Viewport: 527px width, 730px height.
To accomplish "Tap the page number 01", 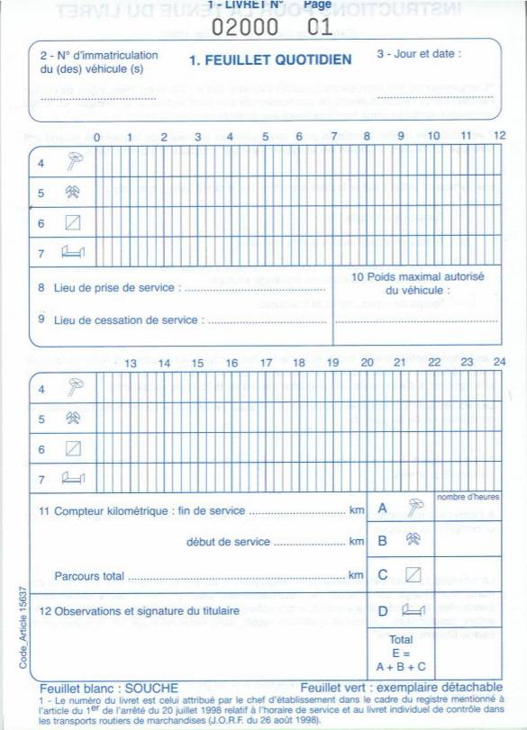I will (x=319, y=26).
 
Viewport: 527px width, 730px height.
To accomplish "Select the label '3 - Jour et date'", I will (x=418, y=54).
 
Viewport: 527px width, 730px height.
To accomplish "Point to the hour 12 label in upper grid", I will (x=499, y=136).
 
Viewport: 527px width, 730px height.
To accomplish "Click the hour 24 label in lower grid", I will (x=499, y=362).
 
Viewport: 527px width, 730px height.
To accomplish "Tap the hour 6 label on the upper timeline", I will (x=298, y=137).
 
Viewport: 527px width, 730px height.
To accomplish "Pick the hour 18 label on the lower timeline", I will (x=298, y=363).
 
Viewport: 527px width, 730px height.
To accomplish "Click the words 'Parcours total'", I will (x=89, y=575).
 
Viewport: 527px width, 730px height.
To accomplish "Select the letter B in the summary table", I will (x=383, y=542).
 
